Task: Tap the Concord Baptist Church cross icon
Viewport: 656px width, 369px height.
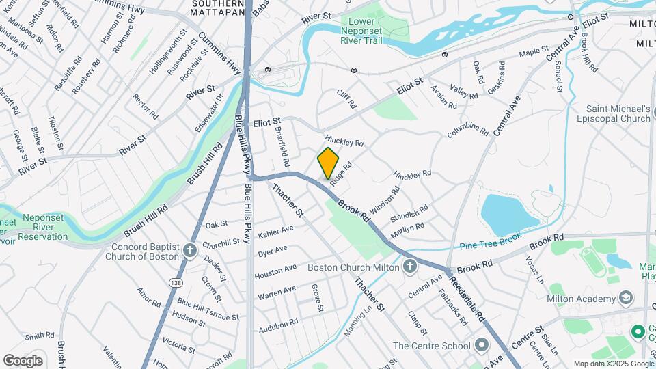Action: click(x=190, y=251)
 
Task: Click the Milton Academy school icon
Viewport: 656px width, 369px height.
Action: click(x=625, y=298)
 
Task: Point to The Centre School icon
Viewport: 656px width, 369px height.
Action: click(x=482, y=345)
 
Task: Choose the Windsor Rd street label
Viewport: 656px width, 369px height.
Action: click(x=384, y=199)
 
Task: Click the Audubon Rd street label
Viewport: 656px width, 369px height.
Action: click(x=278, y=325)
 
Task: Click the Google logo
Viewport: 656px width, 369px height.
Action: click(x=23, y=360)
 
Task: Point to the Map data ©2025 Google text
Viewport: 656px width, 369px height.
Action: click(x=612, y=364)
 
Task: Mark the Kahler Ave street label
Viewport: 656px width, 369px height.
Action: click(x=276, y=232)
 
